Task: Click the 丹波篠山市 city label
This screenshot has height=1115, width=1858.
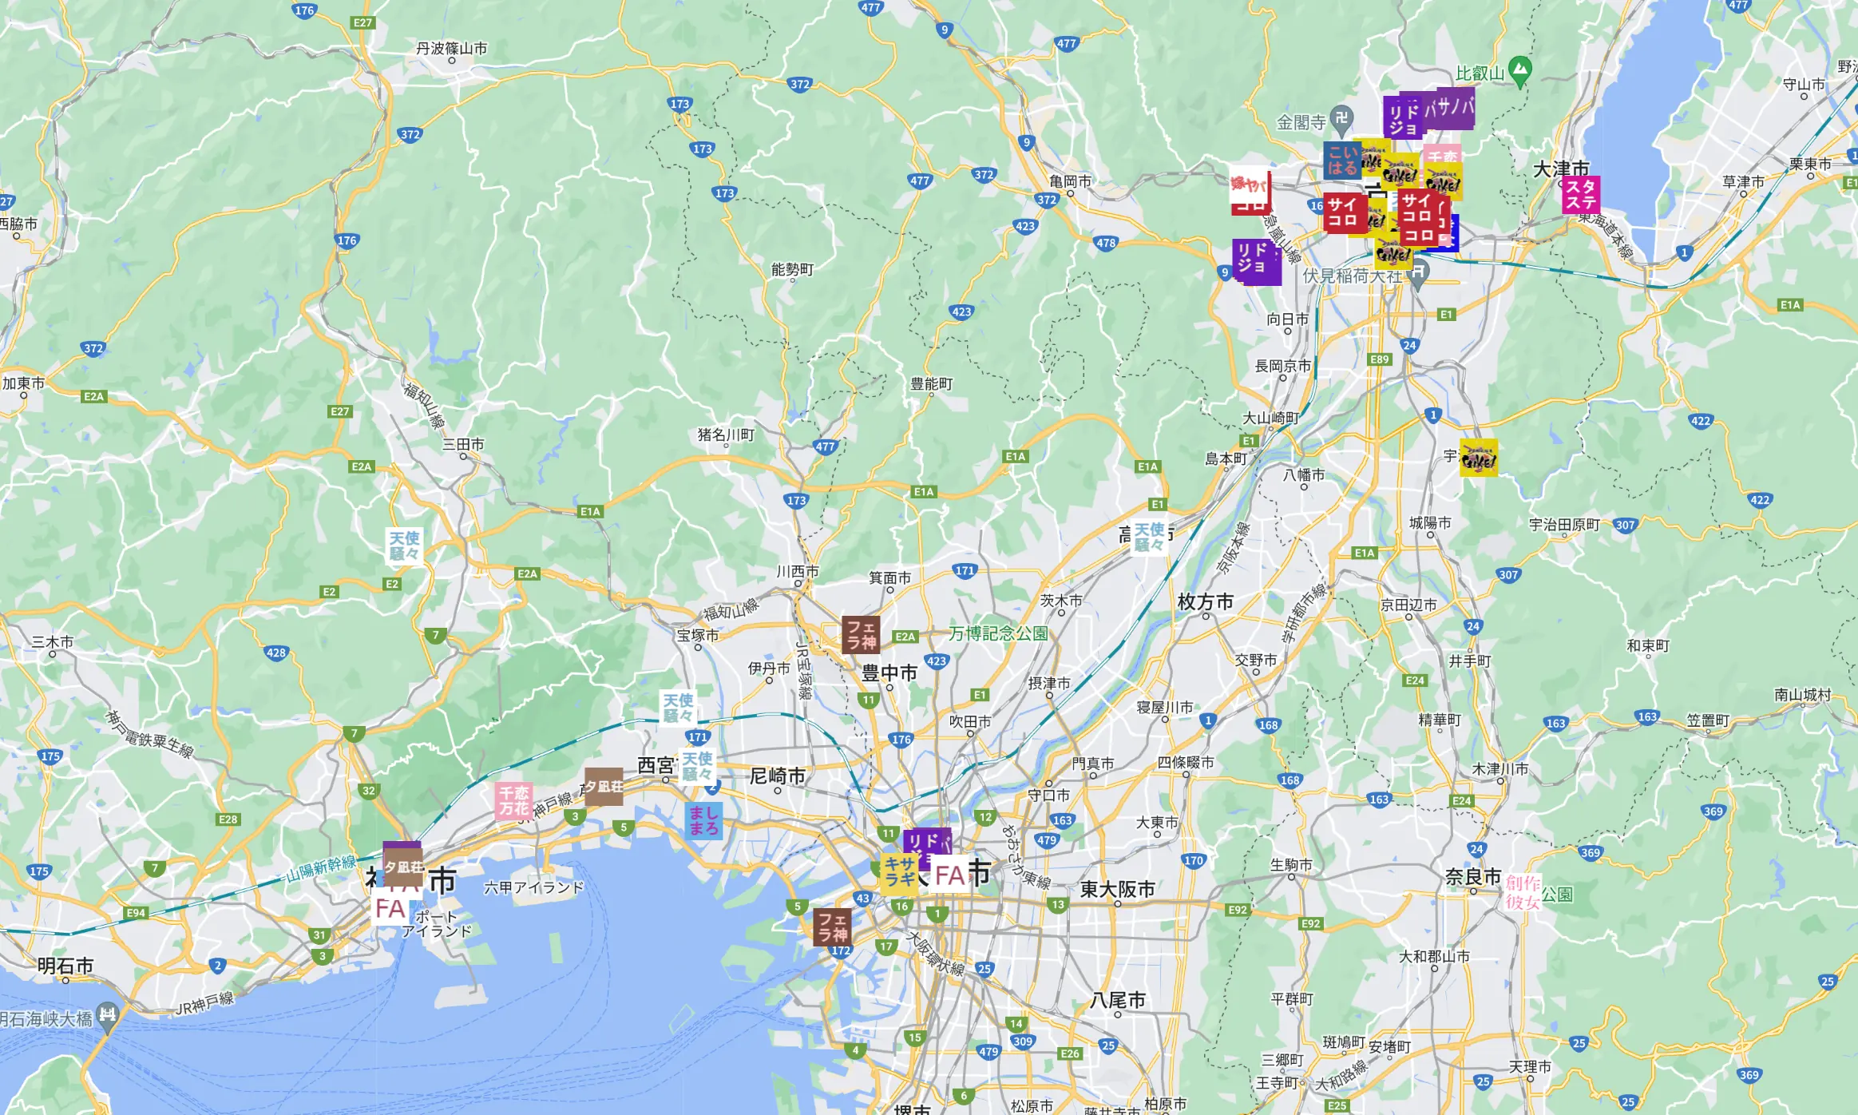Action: tap(451, 49)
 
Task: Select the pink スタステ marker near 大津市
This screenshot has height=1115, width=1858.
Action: tap(1580, 194)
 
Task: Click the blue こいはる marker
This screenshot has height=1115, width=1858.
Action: tap(1342, 161)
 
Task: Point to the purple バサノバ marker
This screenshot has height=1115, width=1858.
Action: tap(1450, 107)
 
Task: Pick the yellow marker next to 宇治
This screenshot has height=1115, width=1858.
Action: tap(1478, 458)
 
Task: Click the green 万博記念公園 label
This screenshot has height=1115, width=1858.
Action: tap(997, 633)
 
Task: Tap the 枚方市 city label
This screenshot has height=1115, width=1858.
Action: tap(1205, 601)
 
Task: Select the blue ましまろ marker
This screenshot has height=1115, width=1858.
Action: tap(703, 820)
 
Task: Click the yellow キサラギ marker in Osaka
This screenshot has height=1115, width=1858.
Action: tap(898, 871)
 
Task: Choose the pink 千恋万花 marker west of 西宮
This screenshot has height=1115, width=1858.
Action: tap(513, 800)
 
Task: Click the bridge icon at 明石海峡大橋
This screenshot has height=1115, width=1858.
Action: tap(107, 1015)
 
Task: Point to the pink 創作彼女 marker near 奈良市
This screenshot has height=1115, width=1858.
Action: tap(1522, 892)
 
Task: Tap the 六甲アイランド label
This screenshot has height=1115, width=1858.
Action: tap(533, 887)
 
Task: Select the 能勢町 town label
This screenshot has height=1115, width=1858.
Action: tap(792, 269)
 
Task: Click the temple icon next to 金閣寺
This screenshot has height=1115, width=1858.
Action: tap(1341, 118)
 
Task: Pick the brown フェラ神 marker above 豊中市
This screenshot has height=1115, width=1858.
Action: tap(861, 634)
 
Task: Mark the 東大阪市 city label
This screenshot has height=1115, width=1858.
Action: tap(1117, 889)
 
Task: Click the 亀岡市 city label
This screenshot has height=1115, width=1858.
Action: tap(1070, 181)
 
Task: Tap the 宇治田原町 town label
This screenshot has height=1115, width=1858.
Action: tap(1564, 524)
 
